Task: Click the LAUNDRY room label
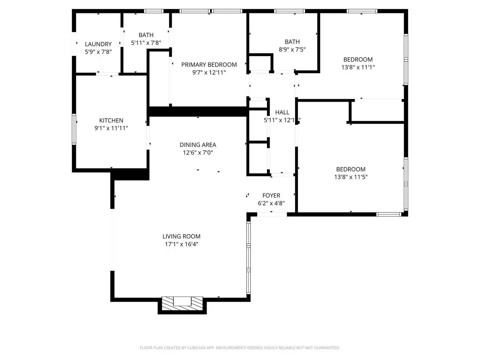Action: point(98,44)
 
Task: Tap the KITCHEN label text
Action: point(111,120)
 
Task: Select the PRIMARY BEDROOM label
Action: point(209,65)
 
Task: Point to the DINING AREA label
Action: point(198,145)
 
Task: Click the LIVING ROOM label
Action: point(181,236)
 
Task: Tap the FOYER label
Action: point(271,196)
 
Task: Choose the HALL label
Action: point(282,112)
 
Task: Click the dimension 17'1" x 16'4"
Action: point(181,244)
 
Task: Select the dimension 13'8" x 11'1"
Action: point(358,67)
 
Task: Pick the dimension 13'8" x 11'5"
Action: point(351,177)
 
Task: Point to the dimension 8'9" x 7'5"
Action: point(292,50)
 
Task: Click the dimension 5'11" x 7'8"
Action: point(146,43)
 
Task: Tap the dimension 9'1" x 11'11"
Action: point(111,128)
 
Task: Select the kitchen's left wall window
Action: point(74,129)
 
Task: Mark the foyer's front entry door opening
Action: point(272,214)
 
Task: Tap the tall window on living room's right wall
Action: point(248,258)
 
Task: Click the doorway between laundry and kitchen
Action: point(107,74)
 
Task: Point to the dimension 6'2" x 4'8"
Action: point(271,203)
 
